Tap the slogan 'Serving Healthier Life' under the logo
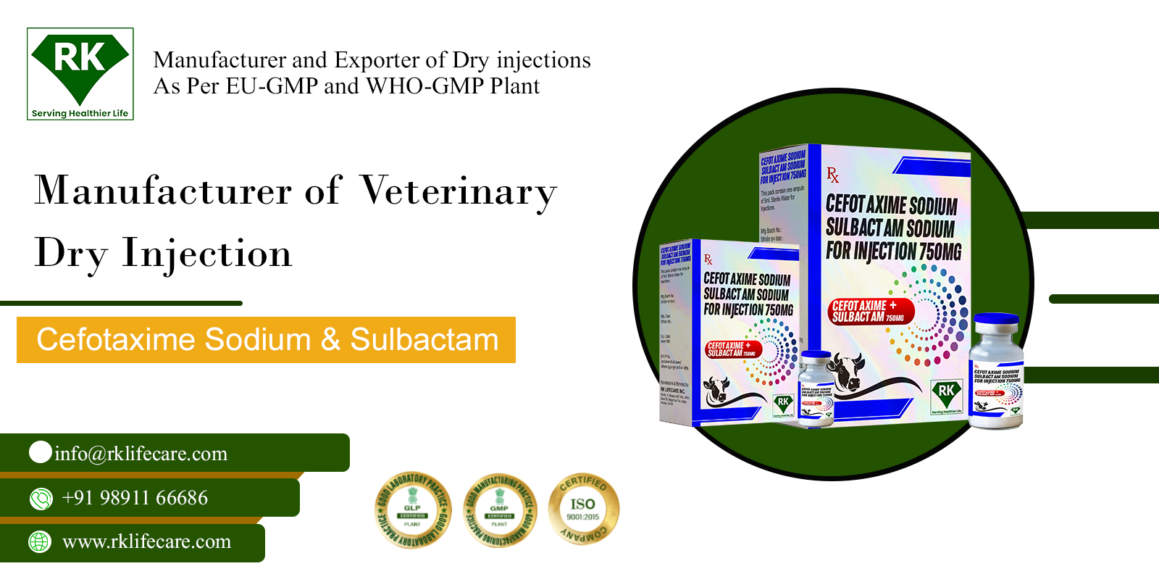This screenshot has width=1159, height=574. click(80, 113)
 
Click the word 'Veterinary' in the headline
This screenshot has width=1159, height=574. click(459, 192)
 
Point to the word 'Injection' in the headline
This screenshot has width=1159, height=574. click(206, 254)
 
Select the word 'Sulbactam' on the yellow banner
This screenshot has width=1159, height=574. click(424, 340)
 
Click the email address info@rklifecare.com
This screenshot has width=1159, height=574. click(141, 454)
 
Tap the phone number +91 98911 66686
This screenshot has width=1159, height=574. click(135, 498)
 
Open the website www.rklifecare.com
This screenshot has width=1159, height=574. click(146, 541)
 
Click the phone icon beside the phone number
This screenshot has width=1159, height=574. click(41, 499)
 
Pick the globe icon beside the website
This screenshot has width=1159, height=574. click(40, 541)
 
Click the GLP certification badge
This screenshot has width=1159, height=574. click(413, 509)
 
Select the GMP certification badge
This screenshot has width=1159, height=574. click(500, 509)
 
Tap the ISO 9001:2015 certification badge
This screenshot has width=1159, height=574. click(583, 509)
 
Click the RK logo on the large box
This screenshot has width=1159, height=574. click(947, 395)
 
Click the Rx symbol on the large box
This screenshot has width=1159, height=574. click(833, 175)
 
